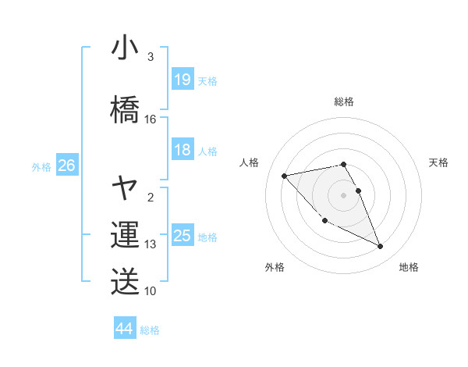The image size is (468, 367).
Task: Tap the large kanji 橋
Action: pyautogui.click(x=125, y=110)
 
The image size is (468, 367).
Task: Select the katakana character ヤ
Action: pyautogui.click(x=125, y=187)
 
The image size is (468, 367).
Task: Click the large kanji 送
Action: pyautogui.click(x=125, y=282)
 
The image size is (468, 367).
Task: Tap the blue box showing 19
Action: pyautogui.click(x=183, y=80)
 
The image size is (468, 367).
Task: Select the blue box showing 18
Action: pyautogui.click(x=183, y=150)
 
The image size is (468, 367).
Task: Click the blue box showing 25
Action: pyautogui.click(x=183, y=236)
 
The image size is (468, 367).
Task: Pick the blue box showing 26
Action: pyautogui.click(x=66, y=166)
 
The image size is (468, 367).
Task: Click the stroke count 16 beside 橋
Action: pyautogui.click(x=151, y=119)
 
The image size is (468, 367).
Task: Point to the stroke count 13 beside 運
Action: pyautogui.click(x=151, y=244)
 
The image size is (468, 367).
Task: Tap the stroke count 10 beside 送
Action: pyautogui.click(x=151, y=291)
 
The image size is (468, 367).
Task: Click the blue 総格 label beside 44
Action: pyautogui.click(x=150, y=330)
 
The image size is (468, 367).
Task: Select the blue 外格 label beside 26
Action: pyautogui.click(x=41, y=166)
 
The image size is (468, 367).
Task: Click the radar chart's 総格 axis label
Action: pyautogui.click(x=344, y=102)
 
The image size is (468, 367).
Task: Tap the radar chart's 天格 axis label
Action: pyautogui.click(x=439, y=162)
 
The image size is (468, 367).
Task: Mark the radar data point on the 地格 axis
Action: pyautogui.click(x=381, y=247)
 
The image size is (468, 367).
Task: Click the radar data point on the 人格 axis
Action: pyautogui.click(x=284, y=175)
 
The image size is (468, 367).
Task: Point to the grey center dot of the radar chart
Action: pyautogui.click(x=344, y=194)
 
